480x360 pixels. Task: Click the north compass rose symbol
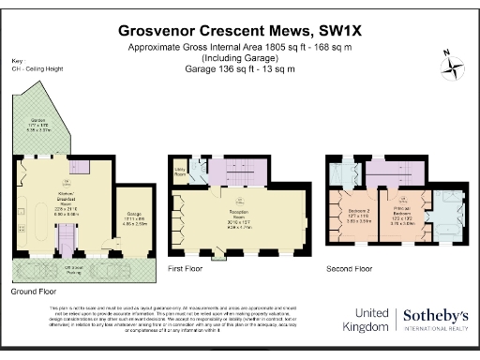coord(454,65)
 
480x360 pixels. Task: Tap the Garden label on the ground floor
coord(38,126)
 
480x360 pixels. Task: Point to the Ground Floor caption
coord(35,292)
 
